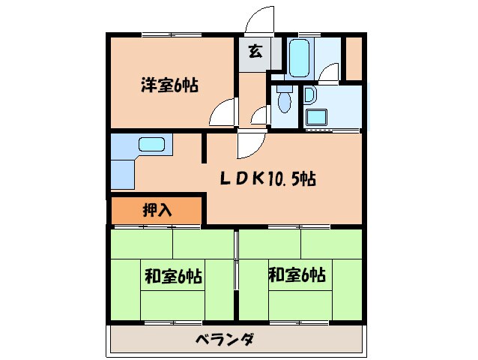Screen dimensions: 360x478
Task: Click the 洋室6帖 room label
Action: (x=169, y=85)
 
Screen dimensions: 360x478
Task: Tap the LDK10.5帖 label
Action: (x=267, y=179)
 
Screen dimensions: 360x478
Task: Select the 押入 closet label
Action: (x=157, y=210)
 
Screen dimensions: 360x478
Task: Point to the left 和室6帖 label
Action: (x=172, y=275)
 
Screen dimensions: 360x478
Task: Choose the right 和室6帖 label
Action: (x=297, y=275)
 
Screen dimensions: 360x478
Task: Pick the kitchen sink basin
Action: (x=152, y=145)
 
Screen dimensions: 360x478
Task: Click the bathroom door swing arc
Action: (x=327, y=72)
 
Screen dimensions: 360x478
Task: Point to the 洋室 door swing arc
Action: (x=222, y=113)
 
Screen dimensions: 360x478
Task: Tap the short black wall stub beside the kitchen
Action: (x=203, y=148)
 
